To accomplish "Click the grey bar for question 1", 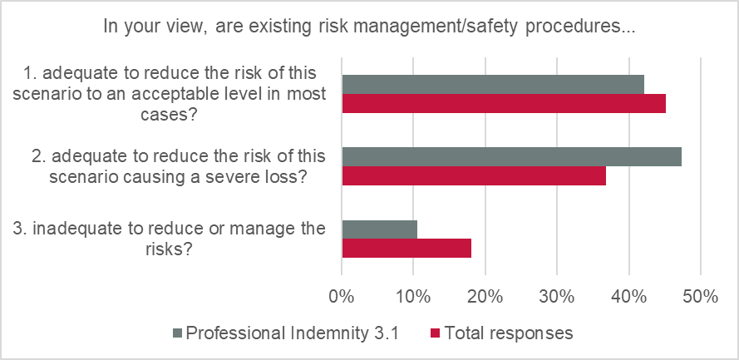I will pyautogui.click(x=492, y=84).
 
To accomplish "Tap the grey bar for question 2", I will pyautogui.click(x=511, y=156).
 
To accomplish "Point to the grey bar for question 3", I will pyautogui.click(x=379, y=229).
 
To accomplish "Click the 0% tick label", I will pyautogui.click(x=342, y=295).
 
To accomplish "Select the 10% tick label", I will pyautogui.click(x=413, y=295).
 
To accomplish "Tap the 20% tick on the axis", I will pyautogui.click(x=485, y=295).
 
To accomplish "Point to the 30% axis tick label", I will pyautogui.click(x=557, y=295).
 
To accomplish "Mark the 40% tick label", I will pyautogui.click(x=628, y=295).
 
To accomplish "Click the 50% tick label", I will pyautogui.click(x=700, y=295).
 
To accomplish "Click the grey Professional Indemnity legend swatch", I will pyautogui.click(x=177, y=333).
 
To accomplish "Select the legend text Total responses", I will pyautogui.click(x=509, y=333).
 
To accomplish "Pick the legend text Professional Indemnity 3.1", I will pyautogui.click(x=293, y=333).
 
